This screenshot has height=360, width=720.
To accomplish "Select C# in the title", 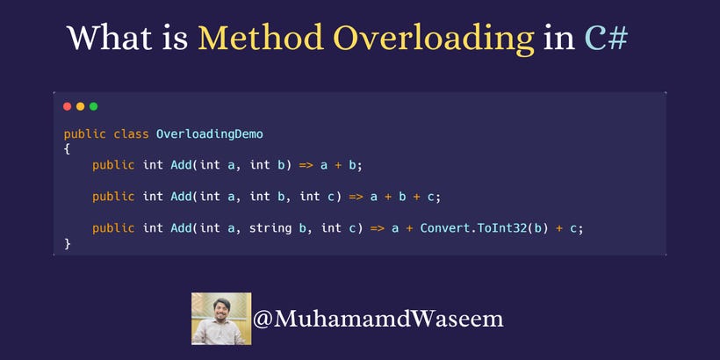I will pos(606,39).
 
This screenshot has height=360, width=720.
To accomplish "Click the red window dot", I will pos(68,106).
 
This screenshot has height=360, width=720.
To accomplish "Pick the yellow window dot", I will pos(80,106).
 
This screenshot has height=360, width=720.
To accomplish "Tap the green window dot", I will pos(93,106).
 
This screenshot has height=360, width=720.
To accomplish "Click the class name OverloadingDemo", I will pos(209,133).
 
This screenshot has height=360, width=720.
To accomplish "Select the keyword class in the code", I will pos(131,133).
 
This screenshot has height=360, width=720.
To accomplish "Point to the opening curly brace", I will pos(67,149).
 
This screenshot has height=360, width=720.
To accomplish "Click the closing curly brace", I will pos(67,243).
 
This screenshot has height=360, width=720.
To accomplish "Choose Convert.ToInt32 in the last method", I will pos(470,228).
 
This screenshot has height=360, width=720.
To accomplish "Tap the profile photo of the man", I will pos(221,318).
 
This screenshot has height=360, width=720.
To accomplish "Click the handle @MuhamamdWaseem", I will pos(378,319).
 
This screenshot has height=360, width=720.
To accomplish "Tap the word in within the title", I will pos(559,39).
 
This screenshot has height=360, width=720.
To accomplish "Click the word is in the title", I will pos(176,39).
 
